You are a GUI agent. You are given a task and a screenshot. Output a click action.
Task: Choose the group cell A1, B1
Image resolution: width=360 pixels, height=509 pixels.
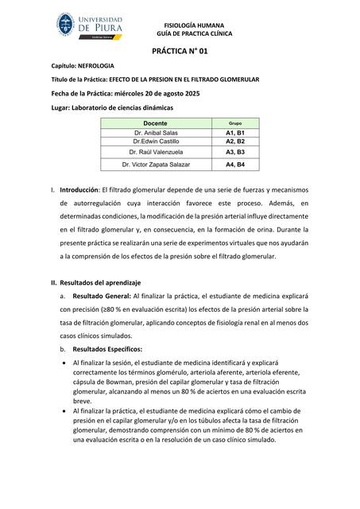pyautogui.click(x=235, y=133)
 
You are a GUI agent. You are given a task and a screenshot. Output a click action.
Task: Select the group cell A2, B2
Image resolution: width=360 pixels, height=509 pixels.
pyautogui.click(x=235, y=141)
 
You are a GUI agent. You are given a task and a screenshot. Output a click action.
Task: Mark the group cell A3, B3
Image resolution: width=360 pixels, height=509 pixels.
pyautogui.click(x=235, y=151)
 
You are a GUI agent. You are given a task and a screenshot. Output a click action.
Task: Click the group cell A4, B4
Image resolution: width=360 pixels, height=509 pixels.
pyautogui.click(x=235, y=165)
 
